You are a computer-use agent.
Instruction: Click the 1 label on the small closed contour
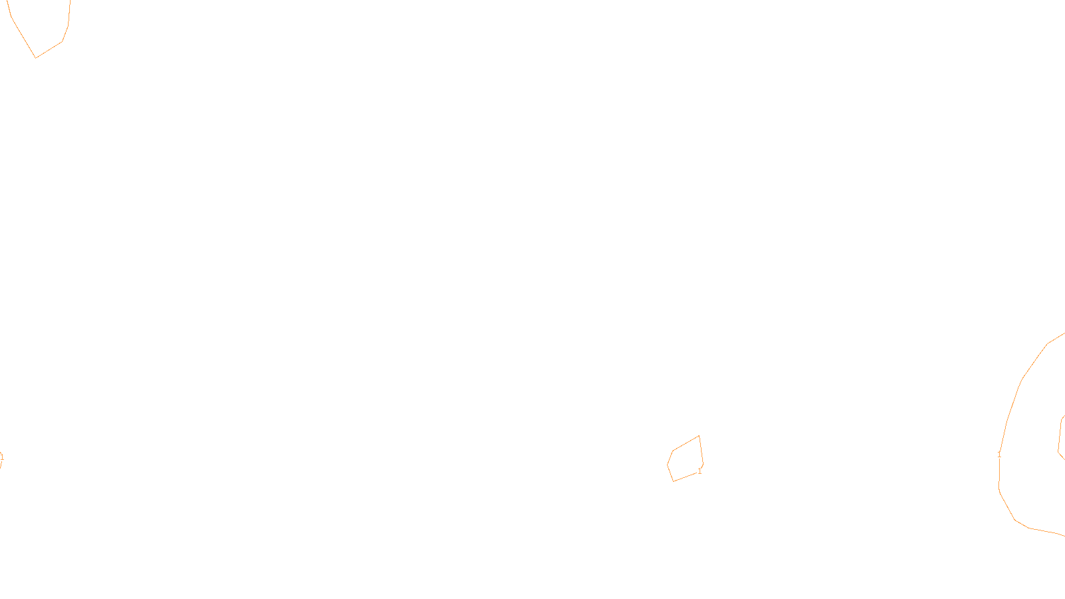(700, 471)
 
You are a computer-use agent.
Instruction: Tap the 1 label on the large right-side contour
(999, 455)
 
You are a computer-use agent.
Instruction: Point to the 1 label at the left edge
(1, 457)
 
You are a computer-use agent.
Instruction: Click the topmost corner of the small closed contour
(699, 437)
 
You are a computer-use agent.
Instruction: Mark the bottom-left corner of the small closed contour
(674, 481)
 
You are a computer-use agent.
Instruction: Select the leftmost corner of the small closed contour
(668, 464)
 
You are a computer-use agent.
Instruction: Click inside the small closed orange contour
(686, 459)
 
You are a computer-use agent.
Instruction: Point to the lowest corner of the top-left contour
(36, 57)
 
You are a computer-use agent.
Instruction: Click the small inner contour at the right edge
(1061, 436)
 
